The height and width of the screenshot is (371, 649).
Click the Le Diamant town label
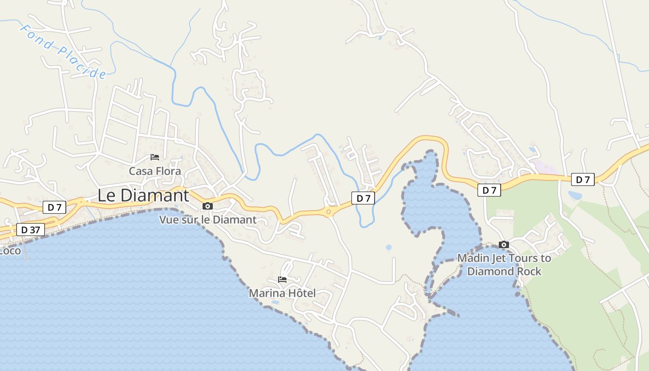click(143, 196)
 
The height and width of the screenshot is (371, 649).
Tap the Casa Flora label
click(155, 171)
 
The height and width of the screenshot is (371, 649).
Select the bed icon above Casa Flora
click(155, 157)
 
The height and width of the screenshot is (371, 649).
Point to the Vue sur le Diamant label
click(208, 220)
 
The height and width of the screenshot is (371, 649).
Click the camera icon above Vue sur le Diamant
click(208, 206)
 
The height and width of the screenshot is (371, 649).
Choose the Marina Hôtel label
click(282, 293)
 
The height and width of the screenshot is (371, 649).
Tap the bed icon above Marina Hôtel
click(282, 279)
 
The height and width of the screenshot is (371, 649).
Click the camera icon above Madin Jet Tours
click(504, 244)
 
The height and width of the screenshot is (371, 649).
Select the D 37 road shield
click(31, 230)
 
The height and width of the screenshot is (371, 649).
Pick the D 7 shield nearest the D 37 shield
click(55, 207)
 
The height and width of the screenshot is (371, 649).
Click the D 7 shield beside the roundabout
click(363, 198)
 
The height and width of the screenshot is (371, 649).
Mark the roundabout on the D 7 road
click(329, 212)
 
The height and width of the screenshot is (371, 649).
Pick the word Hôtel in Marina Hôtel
click(300, 293)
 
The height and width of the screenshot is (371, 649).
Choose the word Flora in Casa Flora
click(168, 171)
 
